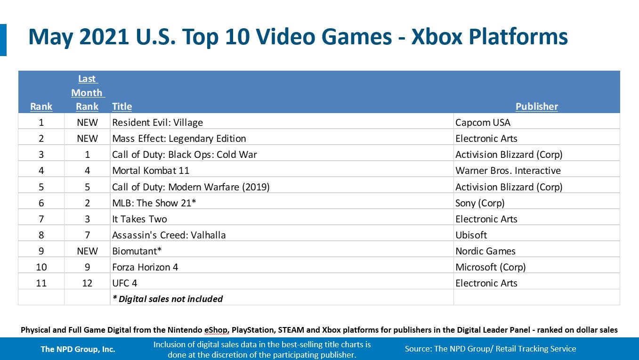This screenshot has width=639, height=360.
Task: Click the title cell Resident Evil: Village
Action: pyautogui.click(x=157, y=123)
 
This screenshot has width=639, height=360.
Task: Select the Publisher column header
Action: pyautogui.click(x=536, y=106)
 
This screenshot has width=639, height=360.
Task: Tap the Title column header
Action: pyautogui.click(x=122, y=106)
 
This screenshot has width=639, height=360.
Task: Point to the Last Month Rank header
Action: pyautogui.click(x=87, y=93)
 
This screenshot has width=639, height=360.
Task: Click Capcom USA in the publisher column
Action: pyautogui.click(x=483, y=123)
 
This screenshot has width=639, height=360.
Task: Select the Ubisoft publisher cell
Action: pyautogui.click(x=471, y=235)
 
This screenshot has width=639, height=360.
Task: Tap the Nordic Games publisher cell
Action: pyautogui.click(x=485, y=251)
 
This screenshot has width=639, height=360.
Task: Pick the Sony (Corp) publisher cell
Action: pyautogui.click(x=480, y=203)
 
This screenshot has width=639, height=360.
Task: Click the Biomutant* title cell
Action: pyautogui.click(x=137, y=251)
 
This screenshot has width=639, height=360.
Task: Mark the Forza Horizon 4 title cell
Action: pyautogui.click(x=145, y=267)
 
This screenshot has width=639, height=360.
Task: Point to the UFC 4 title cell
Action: pyautogui.click(x=125, y=283)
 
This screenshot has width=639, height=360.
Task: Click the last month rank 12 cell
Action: pyautogui.click(x=87, y=283)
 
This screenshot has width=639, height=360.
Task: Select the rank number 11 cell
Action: pyautogui.click(x=41, y=283)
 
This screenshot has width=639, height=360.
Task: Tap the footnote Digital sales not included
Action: pyautogui.click(x=167, y=299)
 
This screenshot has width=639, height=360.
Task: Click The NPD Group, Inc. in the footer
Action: pyautogui.click(x=78, y=349)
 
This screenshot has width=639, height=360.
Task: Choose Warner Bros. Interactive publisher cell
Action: pyautogui.click(x=508, y=171)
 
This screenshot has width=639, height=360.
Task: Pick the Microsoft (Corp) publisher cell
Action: pyautogui.click(x=490, y=267)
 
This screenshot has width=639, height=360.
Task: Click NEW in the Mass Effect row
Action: pyautogui.click(x=87, y=139)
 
